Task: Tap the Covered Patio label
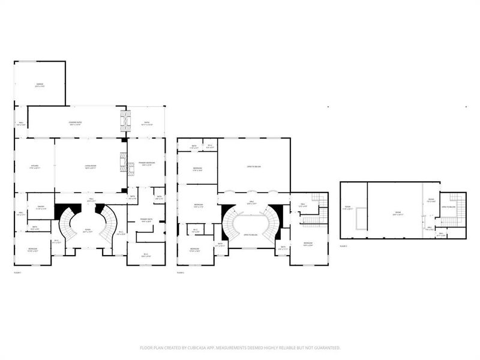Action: point(76,124)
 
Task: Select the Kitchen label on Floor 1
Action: point(34,167)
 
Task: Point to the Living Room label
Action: point(89,167)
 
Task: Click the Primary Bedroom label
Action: point(146,163)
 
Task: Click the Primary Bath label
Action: point(146,220)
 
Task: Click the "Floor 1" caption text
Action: point(18,272)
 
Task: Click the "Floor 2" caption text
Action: point(181,272)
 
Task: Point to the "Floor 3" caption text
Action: point(343,246)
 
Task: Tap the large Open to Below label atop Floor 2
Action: point(253,167)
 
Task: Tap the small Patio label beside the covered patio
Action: point(146,124)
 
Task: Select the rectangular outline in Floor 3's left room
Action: point(359,218)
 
